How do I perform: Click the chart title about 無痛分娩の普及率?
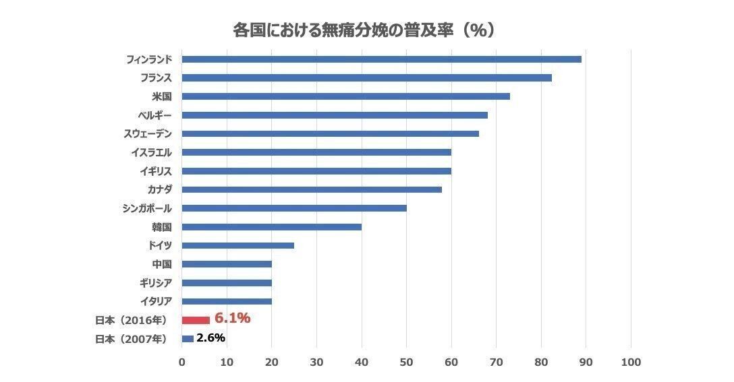click(364, 30)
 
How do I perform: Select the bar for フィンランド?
click(381, 59)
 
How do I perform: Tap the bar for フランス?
click(366, 77)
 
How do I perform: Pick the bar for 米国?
click(345, 96)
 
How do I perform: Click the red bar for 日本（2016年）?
click(196, 320)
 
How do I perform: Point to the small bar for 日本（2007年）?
click(188, 338)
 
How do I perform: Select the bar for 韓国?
click(271, 226)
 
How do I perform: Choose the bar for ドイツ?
click(237, 245)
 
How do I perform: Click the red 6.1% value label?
click(233, 319)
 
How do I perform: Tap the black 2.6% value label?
click(210, 338)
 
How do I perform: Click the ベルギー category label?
click(154, 115)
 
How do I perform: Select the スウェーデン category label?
click(147, 133)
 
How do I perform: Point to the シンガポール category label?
click(146, 208)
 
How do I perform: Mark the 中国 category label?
click(162, 264)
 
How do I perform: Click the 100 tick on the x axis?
click(631, 362)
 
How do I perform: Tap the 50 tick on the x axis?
click(406, 362)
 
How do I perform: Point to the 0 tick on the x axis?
click(181, 362)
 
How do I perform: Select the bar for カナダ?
click(312, 189)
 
